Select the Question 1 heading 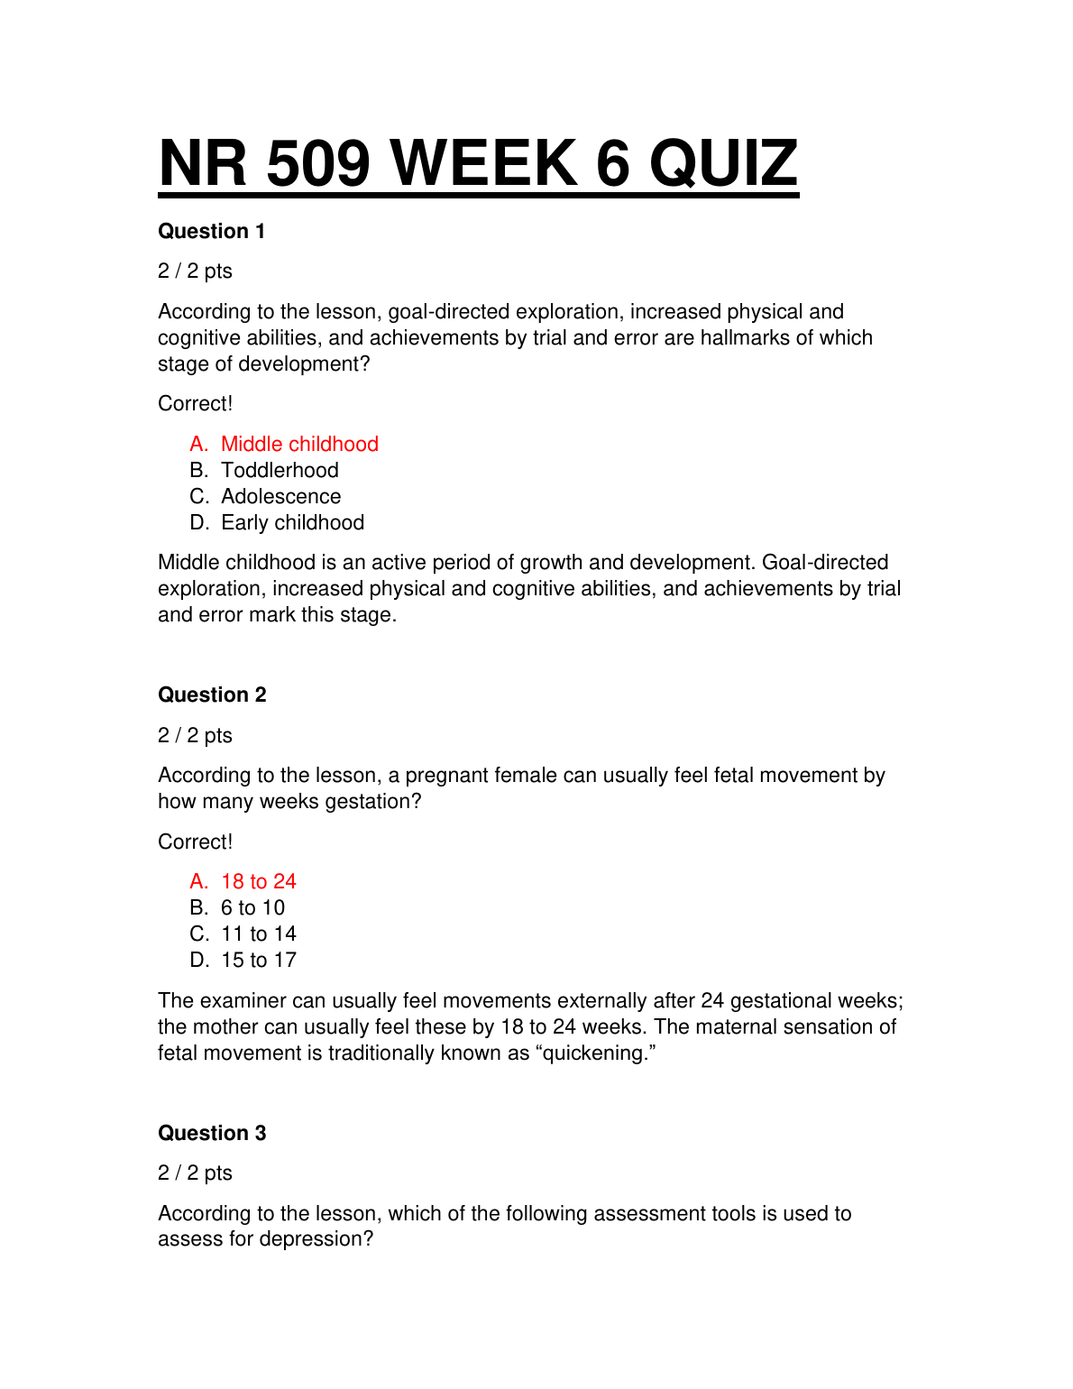point(212,232)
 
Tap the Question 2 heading point(212,695)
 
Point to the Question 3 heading point(212,1134)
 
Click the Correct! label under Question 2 point(195,842)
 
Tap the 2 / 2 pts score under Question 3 point(195,1173)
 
